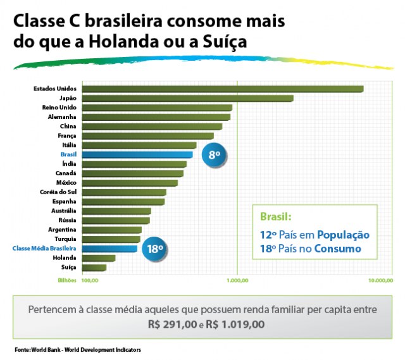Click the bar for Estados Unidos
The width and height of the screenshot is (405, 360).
pos(221,89)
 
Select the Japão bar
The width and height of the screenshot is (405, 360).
pos(187,98)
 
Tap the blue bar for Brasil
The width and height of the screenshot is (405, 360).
pos(137,154)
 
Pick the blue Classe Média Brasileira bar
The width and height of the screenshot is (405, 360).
pos(109,249)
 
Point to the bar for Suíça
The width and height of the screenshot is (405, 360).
pos(94,267)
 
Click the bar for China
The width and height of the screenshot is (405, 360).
pos(151,127)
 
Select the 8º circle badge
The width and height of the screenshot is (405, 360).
pos(214,155)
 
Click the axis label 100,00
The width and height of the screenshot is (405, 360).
pos(89,280)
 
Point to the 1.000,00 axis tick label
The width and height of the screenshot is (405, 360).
pos(237,280)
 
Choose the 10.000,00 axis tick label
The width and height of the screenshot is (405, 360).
pos(382,280)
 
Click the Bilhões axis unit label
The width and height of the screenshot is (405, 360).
pos(67,280)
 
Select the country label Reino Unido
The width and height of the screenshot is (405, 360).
pos(59,108)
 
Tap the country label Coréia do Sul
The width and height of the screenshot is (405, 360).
pos(58,192)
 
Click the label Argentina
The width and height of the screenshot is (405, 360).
pos(62,229)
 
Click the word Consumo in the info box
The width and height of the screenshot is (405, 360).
pos(340,249)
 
